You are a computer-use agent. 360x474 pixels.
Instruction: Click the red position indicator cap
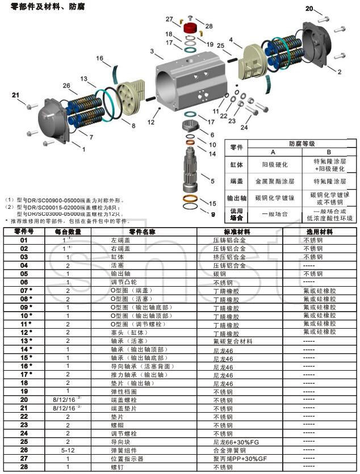point(190,28)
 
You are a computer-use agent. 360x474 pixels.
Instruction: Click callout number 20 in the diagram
point(309,8)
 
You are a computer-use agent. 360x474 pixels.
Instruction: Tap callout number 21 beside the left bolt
point(15,95)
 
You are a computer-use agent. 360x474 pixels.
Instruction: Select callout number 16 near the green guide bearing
point(99,58)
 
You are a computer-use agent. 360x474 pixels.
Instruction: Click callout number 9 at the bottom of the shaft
point(213,215)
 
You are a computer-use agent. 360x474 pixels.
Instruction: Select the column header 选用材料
point(320,232)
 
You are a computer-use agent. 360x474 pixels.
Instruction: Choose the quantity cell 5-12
point(68,450)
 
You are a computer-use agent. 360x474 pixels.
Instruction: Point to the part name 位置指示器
point(127,458)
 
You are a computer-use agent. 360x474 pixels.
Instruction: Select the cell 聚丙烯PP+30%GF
point(239,458)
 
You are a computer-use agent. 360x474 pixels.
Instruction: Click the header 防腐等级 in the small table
point(302,145)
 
